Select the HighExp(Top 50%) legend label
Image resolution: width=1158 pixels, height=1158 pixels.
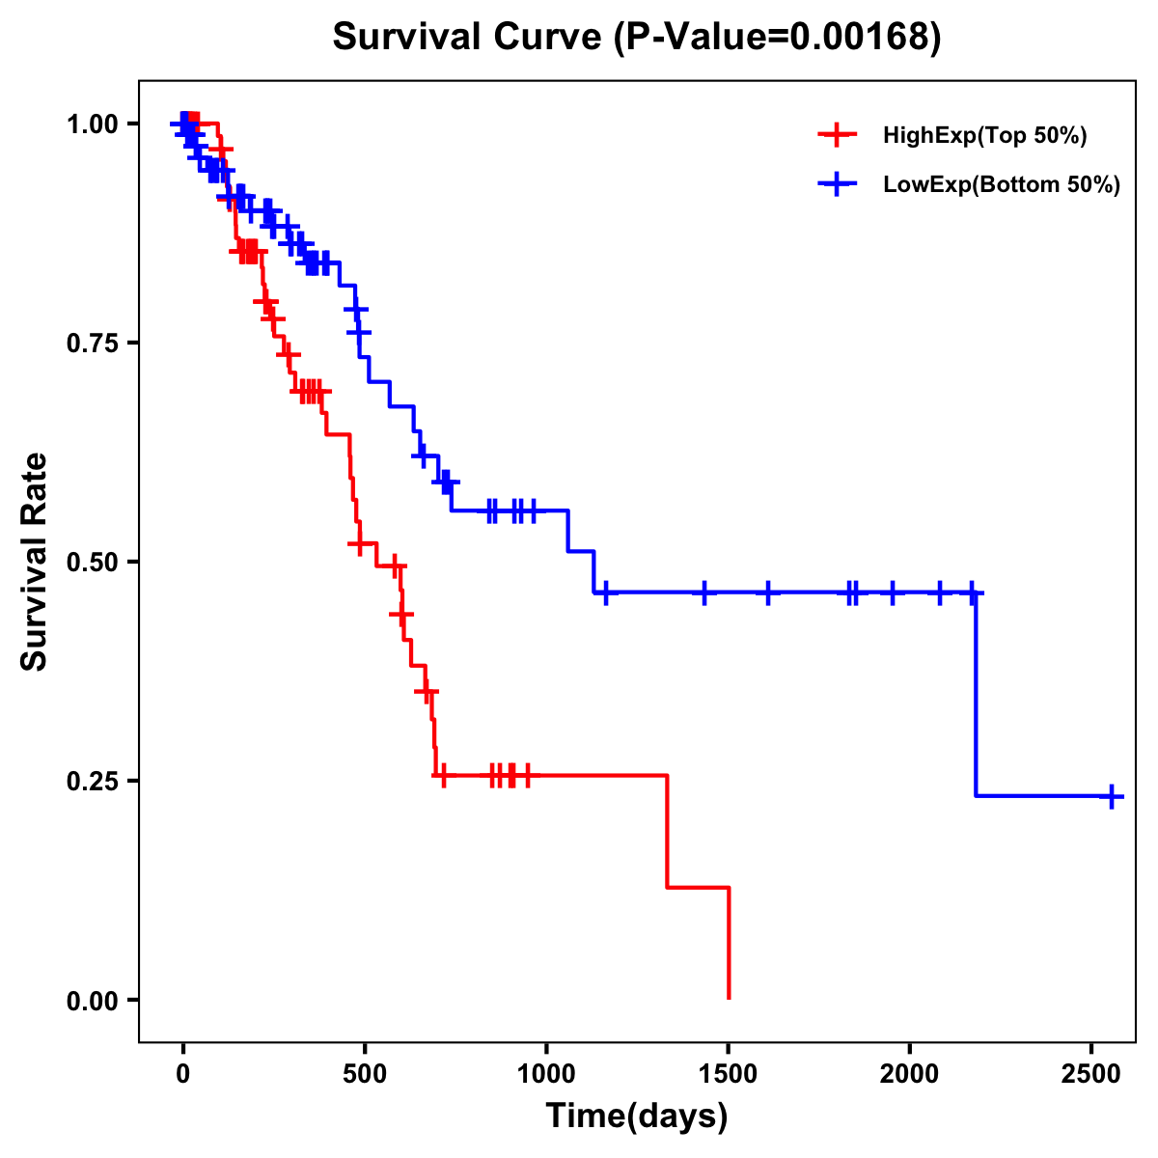tap(984, 136)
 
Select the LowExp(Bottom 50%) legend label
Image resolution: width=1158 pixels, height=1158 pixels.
tap(1002, 185)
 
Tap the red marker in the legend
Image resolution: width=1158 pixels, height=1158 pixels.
tap(837, 136)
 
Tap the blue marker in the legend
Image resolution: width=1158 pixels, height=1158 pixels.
tap(837, 185)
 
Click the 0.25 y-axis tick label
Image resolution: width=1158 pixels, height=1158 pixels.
tap(91, 781)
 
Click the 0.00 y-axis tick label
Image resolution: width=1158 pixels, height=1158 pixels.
tap(91, 1000)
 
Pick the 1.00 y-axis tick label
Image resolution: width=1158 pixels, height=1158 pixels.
tap(91, 124)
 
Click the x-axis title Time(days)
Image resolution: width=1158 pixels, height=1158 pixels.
tap(637, 1117)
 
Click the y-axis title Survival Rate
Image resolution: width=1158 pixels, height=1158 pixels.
tap(36, 562)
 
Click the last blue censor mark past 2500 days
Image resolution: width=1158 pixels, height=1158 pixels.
tap(1112, 796)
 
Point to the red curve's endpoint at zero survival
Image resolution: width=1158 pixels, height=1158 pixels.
tap(729, 998)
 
